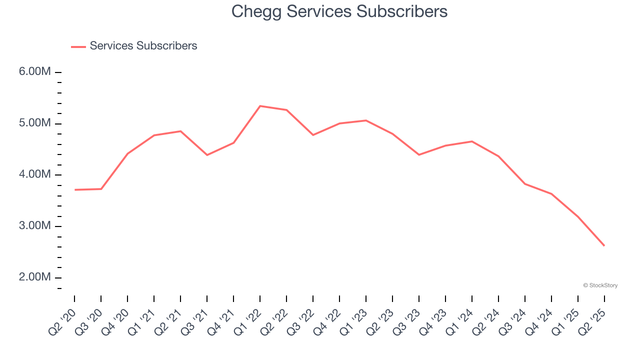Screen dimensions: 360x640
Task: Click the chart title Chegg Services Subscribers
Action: click(339, 11)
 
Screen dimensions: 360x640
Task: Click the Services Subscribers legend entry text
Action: click(143, 46)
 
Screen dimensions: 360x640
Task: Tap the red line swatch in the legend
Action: click(78, 46)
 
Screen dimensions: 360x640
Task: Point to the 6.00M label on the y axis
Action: click(35, 72)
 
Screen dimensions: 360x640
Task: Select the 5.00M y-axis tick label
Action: click(35, 123)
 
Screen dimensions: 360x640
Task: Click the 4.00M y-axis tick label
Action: click(35, 174)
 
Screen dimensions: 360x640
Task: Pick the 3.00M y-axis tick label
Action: click(35, 226)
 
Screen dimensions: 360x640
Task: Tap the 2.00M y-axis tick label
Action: click(35, 277)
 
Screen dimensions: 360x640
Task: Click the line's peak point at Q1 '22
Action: click(260, 106)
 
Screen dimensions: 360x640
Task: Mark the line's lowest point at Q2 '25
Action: click(604, 245)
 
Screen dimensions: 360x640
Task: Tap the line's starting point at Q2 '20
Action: click(74, 190)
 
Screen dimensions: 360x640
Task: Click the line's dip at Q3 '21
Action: click(207, 155)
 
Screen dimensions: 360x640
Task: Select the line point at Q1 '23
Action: click(366, 120)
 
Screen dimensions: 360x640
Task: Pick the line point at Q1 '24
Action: click(472, 141)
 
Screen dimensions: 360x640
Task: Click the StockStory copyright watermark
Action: click(600, 285)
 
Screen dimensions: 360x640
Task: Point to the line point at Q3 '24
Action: click(525, 184)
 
